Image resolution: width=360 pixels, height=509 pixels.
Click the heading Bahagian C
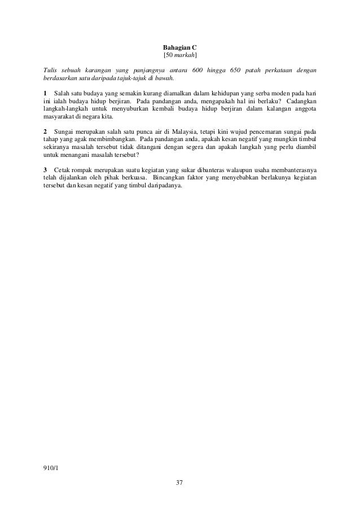click(179, 48)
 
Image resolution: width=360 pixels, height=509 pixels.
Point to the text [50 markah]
click(179, 56)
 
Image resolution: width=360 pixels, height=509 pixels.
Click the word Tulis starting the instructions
click(51, 69)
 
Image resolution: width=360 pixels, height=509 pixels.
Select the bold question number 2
click(45, 131)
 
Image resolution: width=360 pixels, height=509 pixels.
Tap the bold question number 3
click(45, 170)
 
